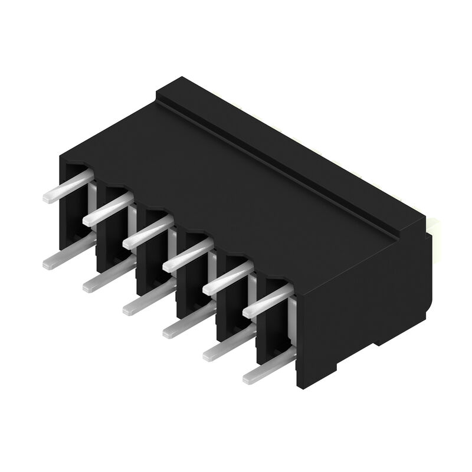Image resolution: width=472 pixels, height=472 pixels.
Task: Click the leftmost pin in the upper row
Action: [x=66, y=187]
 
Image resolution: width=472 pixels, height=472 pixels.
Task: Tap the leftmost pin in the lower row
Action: [x=66, y=255]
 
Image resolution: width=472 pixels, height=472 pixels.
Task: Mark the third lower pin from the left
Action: [x=147, y=300]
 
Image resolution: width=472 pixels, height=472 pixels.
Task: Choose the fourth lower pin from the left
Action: [x=187, y=323]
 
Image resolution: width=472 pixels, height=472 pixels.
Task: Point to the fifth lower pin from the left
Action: [x=227, y=346]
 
